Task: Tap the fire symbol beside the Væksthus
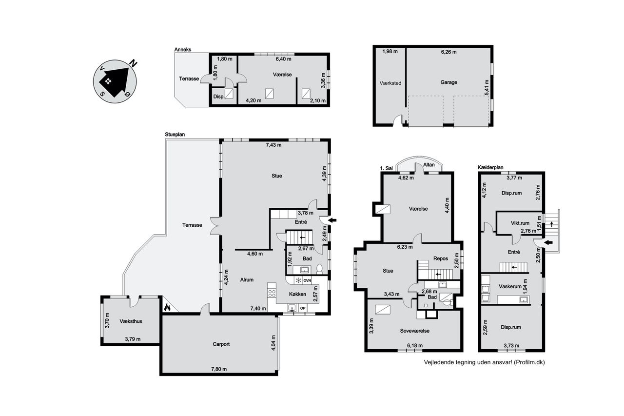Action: point(167,307)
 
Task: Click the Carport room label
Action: point(221,344)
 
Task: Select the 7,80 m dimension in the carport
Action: point(219,369)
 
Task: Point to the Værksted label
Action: point(390,83)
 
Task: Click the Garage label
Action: point(449,82)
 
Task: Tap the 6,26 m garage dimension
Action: point(449,52)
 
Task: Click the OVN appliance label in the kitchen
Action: point(307,280)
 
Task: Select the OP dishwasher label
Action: point(303,308)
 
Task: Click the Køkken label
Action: point(297,294)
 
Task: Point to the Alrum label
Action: point(247,280)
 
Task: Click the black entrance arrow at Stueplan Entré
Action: point(332,220)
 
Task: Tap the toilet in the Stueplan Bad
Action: point(319,269)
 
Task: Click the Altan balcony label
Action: point(429,165)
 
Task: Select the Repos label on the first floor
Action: point(441,258)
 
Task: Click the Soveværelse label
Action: point(415,331)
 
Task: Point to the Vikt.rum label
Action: point(520,223)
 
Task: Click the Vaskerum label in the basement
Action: point(510,286)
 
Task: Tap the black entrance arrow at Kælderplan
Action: point(548,242)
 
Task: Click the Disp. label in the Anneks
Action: point(219,97)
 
